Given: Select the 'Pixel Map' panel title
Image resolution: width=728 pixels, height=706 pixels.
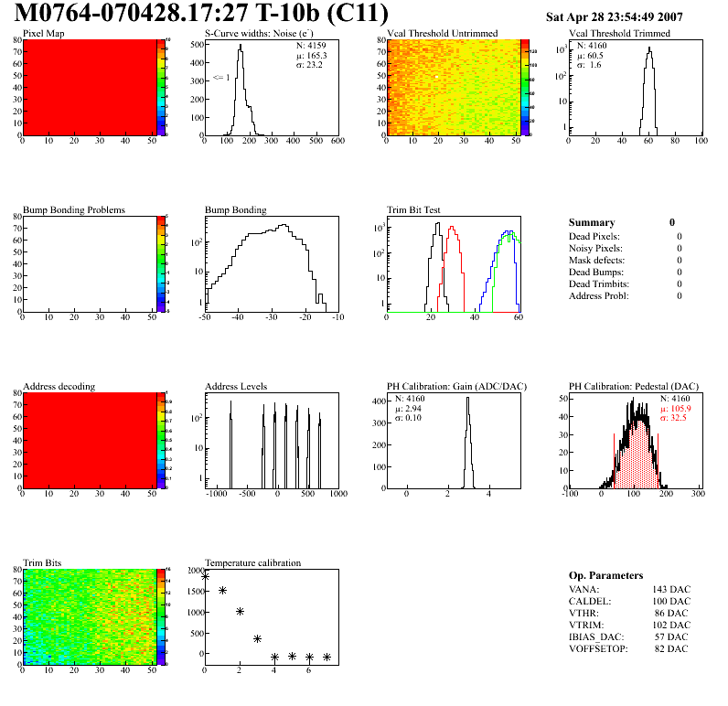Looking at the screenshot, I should point(43,34).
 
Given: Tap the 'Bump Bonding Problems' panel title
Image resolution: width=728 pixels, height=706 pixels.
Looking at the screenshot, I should point(73,209).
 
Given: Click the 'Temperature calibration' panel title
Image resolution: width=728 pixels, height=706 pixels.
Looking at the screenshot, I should point(252,562).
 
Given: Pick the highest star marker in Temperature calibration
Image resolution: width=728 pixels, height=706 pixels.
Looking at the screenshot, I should point(205,576).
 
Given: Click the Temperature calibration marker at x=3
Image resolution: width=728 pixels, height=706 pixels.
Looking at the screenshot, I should point(257,638).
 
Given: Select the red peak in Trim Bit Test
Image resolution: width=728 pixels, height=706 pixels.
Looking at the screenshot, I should point(451,230).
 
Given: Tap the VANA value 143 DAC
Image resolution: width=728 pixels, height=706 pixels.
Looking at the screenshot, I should point(671,590).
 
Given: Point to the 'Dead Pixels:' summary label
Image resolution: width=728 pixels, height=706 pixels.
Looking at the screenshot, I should point(594,236).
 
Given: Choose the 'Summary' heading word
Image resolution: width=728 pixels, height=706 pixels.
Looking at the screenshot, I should point(592,222).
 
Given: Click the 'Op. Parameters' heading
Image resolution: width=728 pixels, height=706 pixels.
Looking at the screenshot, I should point(605,575).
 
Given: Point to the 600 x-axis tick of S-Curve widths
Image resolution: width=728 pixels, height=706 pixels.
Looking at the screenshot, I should point(337,141).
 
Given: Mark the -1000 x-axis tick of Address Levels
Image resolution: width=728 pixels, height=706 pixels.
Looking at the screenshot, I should point(217,494).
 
